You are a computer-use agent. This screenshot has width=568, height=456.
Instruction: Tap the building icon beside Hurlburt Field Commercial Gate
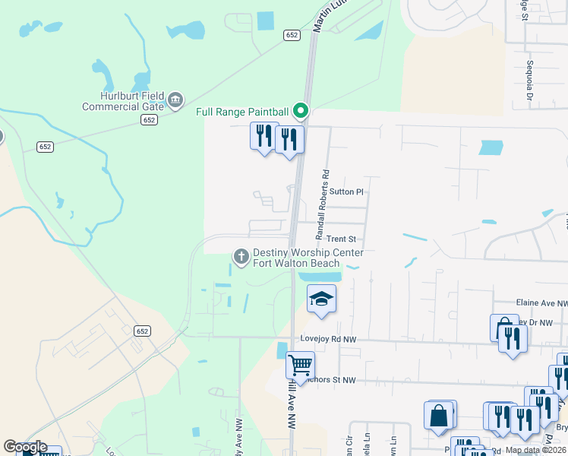pos(176,100)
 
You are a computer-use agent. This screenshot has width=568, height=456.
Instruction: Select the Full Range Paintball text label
pos(242,112)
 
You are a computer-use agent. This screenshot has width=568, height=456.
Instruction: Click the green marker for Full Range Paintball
pos(301,112)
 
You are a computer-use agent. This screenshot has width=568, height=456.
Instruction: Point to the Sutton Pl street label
pos(347,192)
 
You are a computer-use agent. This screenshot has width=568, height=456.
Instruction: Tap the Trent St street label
pos(341,239)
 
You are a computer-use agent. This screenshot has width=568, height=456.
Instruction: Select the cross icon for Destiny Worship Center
pos(241,258)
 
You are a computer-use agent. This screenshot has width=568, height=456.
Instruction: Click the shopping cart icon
pos(300,364)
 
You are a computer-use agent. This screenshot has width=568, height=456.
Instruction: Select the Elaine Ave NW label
pos(541,302)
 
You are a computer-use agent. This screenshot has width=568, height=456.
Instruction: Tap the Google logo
pos(24,447)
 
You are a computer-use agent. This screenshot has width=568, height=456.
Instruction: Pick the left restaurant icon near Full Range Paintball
pos(263,137)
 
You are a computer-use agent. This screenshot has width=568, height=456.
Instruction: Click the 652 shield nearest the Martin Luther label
pos(292,36)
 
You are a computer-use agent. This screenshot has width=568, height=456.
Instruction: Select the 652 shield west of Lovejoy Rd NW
pos(143,331)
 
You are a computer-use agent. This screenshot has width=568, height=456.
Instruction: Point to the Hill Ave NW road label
pos(292,410)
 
